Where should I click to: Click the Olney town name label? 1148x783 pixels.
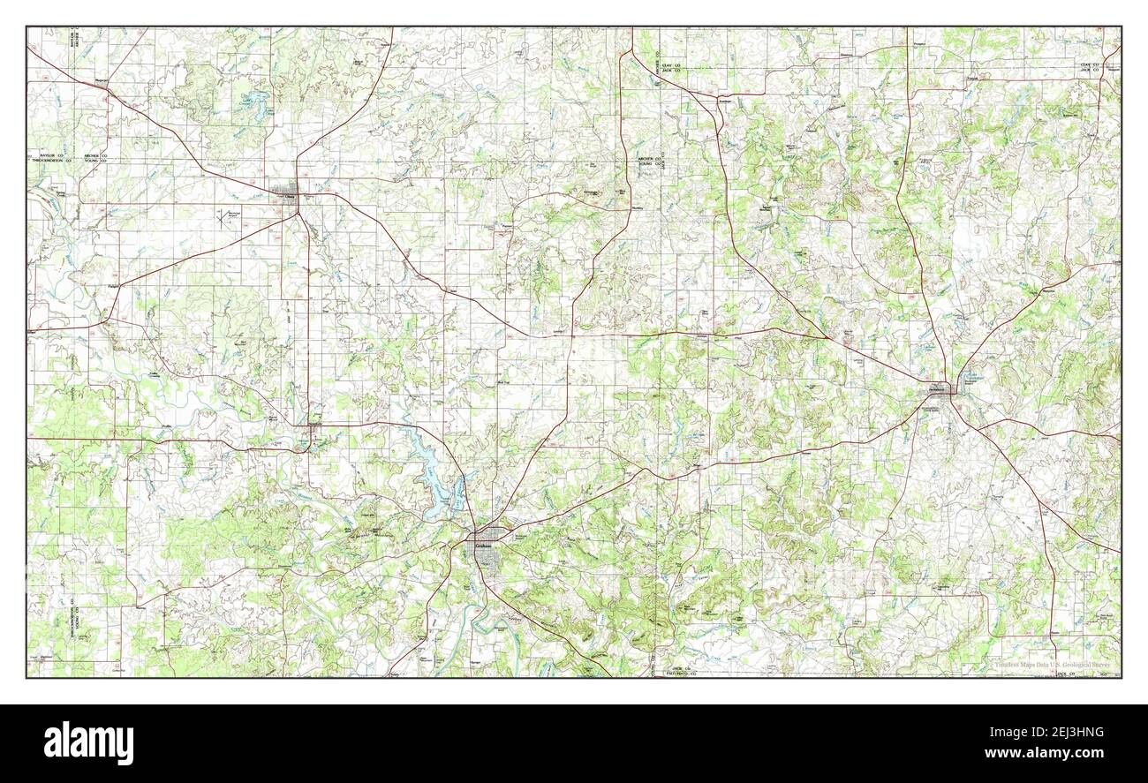pyautogui.click(x=288, y=197)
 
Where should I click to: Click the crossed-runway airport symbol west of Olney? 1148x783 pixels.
pyautogui.click(x=221, y=216)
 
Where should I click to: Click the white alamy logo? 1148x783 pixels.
pyautogui.click(x=88, y=742)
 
